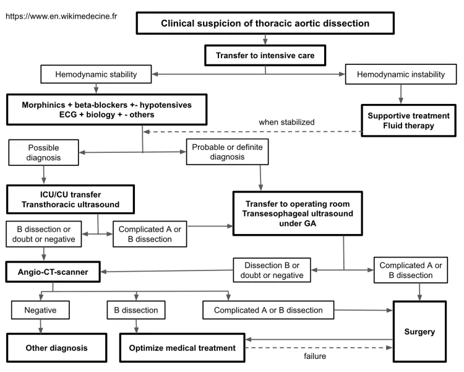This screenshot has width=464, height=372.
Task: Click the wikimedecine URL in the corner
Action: tap(61, 17)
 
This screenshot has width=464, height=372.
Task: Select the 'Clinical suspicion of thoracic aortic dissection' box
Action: tap(265, 24)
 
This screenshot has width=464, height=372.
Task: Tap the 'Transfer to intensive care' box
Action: tap(265, 56)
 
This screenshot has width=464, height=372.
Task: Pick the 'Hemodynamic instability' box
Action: tap(402, 75)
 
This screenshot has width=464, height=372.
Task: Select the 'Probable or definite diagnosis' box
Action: tap(227, 152)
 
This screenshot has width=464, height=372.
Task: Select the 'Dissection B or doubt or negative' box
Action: tap(269, 270)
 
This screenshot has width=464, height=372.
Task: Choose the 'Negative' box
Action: tap(41, 309)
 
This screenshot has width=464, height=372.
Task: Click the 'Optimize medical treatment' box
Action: tap(183, 348)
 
